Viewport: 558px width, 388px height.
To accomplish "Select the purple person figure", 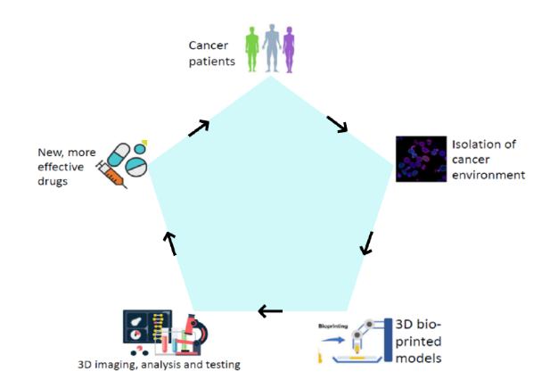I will pos(288,47).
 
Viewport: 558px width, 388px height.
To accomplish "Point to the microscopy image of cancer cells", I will pos(420,159).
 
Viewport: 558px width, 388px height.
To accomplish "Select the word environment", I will pos(489,175).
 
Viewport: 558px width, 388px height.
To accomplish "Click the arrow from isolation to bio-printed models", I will pos(366,244).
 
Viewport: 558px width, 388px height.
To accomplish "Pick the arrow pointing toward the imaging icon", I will pos(269,310).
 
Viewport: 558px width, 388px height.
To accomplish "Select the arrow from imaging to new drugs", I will pos(170,241).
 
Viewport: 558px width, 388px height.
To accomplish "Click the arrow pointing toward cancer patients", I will pos(199,128).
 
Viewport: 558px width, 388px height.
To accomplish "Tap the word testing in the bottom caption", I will pos(221,364).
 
